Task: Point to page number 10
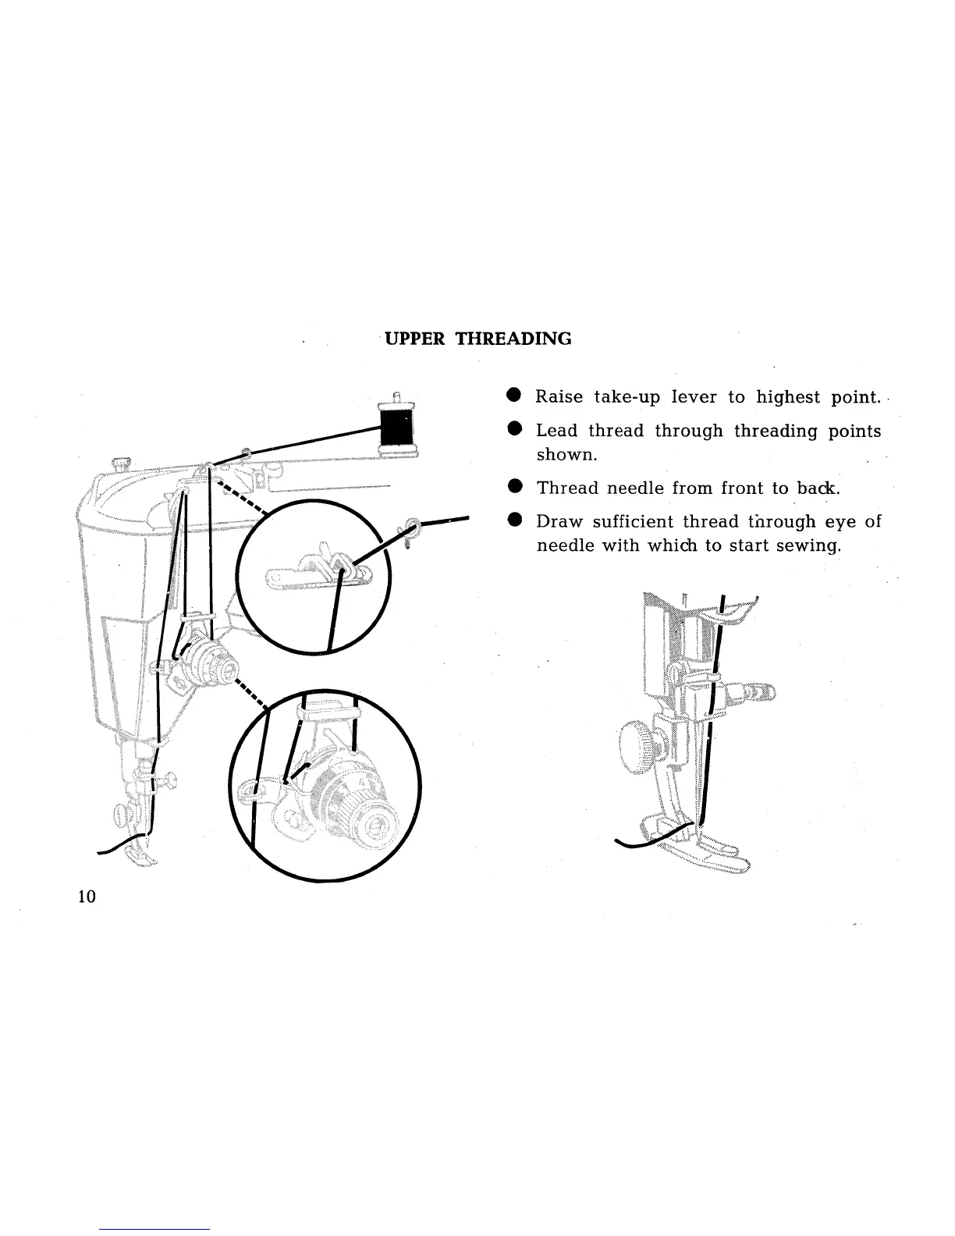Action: [87, 897]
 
